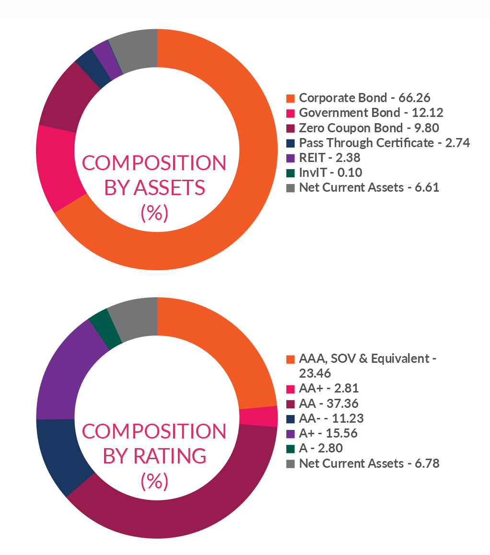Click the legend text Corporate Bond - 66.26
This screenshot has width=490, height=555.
coord(364,98)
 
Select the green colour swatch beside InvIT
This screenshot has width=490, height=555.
coord(290,173)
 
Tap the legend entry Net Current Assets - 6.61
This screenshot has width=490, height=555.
coord(369,187)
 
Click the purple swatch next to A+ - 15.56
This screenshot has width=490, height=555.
coord(290,433)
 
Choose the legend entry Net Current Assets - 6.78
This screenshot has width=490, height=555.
coord(369,463)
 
